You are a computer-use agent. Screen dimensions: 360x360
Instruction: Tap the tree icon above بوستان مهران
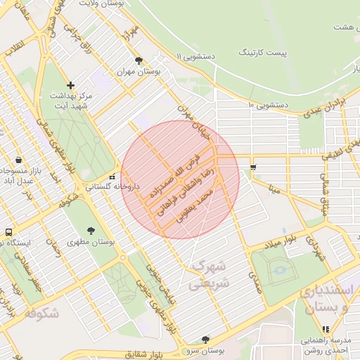coord(139,60)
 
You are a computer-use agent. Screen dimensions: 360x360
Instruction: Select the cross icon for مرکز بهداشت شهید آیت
coord(70,85)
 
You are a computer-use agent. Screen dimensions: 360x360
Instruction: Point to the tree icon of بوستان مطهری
coord(91,231)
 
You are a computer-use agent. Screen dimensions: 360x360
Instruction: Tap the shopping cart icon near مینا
coord(252,167)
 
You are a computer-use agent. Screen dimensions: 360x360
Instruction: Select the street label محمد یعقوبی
coord(197,202)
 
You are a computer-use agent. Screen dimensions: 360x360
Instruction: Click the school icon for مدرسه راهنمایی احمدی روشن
coord(325,328)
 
